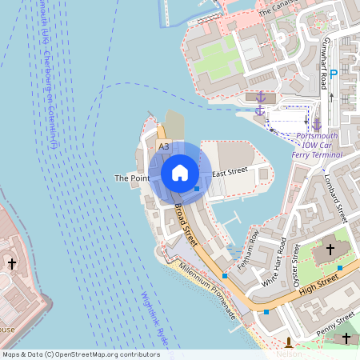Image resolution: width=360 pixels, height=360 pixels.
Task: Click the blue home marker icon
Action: tap(180, 173)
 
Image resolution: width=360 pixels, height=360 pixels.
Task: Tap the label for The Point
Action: tap(132, 178)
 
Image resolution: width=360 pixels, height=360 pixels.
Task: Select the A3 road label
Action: tap(164, 147)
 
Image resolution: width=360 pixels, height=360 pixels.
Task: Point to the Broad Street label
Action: tap(186, 223)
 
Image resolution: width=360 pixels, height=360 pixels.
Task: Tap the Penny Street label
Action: tap(336, 324)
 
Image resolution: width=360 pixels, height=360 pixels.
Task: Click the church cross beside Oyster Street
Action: tap(330, 250)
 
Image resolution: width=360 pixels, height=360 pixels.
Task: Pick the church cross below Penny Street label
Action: tap(346, 338)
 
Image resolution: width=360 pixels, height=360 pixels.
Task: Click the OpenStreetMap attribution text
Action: tap(80, 354)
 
